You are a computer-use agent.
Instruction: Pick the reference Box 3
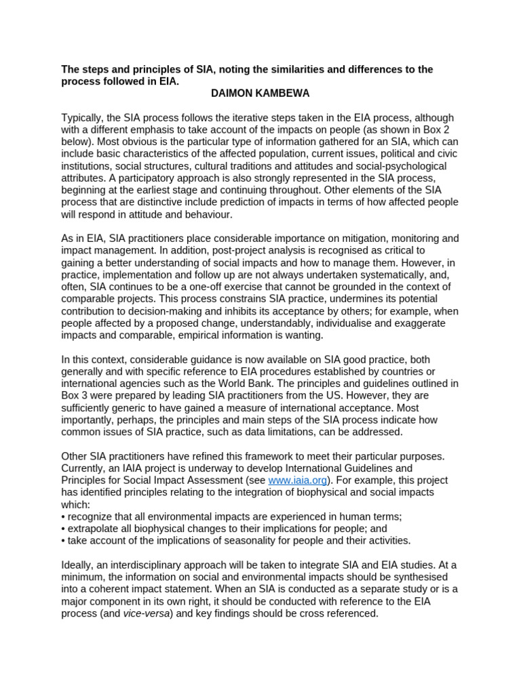pos(75,396)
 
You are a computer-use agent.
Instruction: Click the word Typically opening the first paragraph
pos(84,117)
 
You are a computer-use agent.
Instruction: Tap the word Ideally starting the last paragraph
pos(79,565)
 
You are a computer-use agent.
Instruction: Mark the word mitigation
pos(330,239)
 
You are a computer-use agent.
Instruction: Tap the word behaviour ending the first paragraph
pos(206,214)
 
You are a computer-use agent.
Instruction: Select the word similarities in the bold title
pos(268,69)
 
